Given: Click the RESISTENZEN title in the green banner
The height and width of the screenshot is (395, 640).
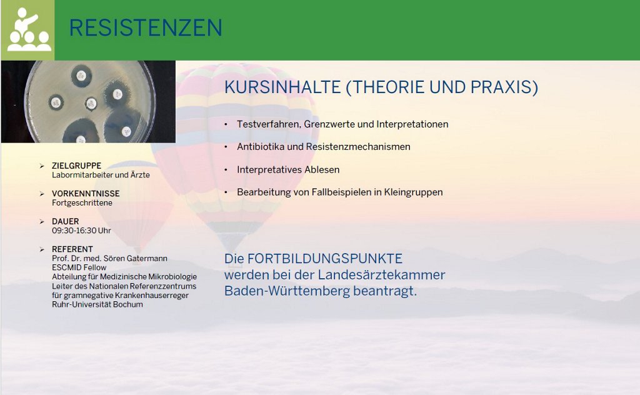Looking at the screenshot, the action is tap(146, 27).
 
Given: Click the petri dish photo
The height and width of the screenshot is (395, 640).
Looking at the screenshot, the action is tap(88, 102).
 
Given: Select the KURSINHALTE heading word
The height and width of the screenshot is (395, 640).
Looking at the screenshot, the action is tap(282, 87).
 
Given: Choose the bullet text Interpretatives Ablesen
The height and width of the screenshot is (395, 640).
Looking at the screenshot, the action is tap(288, 169).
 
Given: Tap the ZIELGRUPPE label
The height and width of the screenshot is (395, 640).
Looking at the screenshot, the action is tap(76, 166).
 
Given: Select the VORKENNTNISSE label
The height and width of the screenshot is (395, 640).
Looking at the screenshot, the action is tap(86, 193).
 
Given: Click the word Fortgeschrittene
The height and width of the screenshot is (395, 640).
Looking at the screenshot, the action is tap(82, 202).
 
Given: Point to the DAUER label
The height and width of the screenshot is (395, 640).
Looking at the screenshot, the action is tap(65, 221).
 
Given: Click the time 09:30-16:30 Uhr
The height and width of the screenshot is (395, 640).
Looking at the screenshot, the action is tap(81, 231).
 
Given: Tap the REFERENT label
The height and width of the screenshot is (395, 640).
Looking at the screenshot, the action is tap(72, 249).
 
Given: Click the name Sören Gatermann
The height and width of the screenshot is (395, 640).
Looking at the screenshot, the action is tap(135, 258).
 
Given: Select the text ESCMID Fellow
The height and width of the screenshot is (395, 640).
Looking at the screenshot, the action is tap(79, 267).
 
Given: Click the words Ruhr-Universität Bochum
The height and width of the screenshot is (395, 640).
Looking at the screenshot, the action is tap(97, 304).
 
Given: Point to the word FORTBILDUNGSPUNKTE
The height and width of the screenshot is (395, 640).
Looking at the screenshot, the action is tap(325, 259).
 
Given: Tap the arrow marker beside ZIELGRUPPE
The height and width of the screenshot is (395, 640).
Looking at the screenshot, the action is tap(42, 166).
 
